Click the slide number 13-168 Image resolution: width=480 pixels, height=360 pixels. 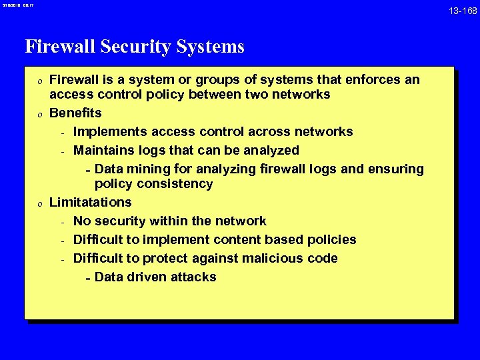pos(462,11)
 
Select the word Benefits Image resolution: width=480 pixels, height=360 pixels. pos(76,113)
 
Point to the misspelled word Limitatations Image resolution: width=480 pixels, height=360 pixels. pos(91,202)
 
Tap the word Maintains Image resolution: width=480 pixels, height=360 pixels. pos(105,150)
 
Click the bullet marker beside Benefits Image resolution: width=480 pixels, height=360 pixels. pos(39,113)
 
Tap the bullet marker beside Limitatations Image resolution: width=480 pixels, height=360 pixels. pos(39,203)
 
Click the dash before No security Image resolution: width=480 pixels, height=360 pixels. pos(61,221)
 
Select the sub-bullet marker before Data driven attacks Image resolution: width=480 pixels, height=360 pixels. pos(87,277)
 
